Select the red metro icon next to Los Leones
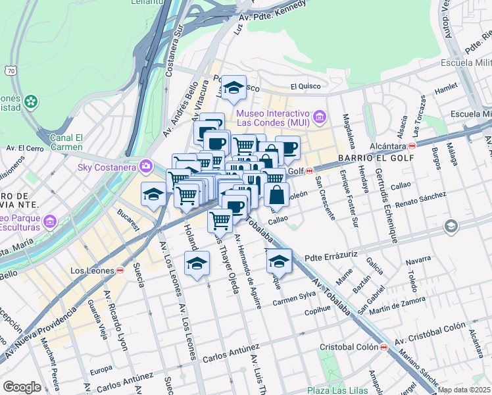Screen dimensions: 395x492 120,271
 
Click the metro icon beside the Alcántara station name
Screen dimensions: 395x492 412,145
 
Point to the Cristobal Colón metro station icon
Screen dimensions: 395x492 383,347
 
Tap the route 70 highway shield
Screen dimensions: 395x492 11,70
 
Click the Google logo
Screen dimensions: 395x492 22,387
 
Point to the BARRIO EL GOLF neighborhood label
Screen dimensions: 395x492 376,158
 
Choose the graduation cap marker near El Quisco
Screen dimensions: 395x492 233,88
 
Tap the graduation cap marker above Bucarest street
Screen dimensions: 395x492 153,194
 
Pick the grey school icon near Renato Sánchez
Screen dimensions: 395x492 451,227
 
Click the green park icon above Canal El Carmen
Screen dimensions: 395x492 31,102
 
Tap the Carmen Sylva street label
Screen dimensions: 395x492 295,298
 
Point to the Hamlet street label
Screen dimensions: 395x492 446,86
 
